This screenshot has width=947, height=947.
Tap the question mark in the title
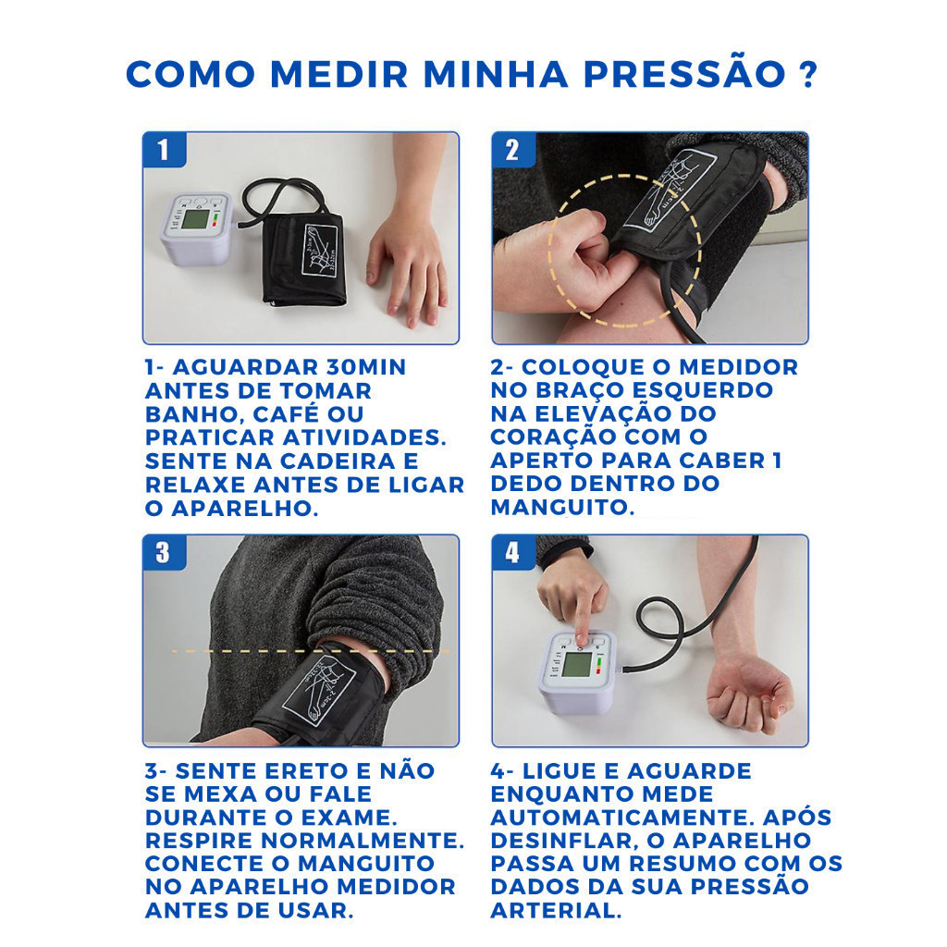pyautogui.click(x=806, y=74)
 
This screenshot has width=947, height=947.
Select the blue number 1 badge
pyautogui.click(x=164, y=149)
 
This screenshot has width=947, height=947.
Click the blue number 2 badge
pyautogui.click(x=512, y=149)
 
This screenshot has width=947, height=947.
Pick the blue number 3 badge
pyautogui.click(x=164, y=552)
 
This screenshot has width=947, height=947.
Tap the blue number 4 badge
pyautogui.click(x=512, y=552)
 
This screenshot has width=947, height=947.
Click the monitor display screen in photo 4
pyautogui.click(x=575, y=667)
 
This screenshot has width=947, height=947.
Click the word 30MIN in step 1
pyautogui.click(x=365, y=367)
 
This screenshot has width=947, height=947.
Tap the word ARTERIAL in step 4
pyautogui.click(x=556, y=911)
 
